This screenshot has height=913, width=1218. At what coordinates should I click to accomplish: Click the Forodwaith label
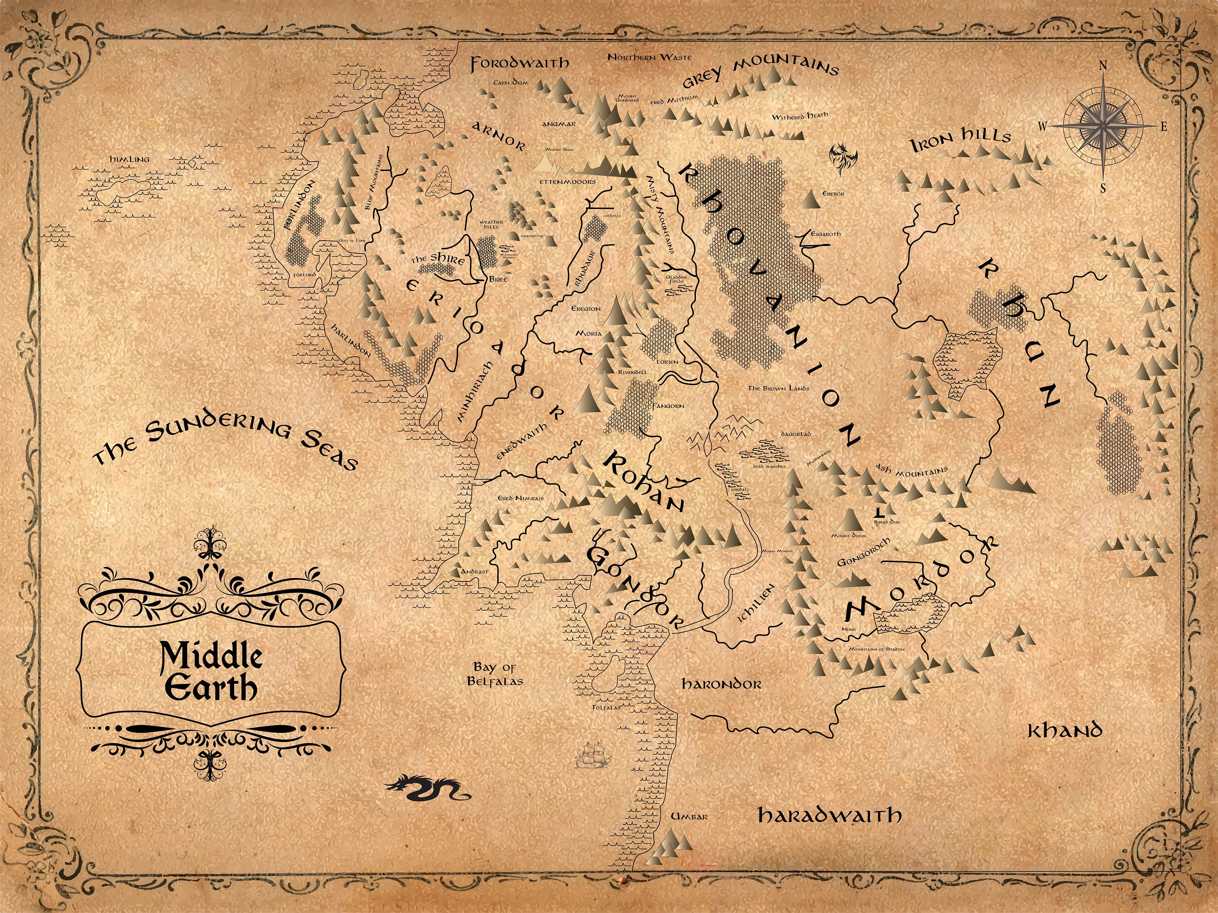click(x=519, y=63)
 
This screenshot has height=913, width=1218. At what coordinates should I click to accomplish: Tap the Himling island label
click(x=130, y=159)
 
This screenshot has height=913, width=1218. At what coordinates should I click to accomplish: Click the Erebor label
click(x=833, y=194)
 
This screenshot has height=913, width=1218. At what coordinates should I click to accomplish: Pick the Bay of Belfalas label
click(x=495, y=674)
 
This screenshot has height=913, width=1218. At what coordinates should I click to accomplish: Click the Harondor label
click(x=721, y=685)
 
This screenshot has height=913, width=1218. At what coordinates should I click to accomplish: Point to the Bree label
click(x=498, y=279)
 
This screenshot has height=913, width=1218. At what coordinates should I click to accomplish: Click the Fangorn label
click(x=668, y=406)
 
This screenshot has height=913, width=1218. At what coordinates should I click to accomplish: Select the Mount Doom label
click(x=849, y=536)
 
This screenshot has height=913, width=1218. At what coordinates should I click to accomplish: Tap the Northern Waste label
click(x=649, y=57)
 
